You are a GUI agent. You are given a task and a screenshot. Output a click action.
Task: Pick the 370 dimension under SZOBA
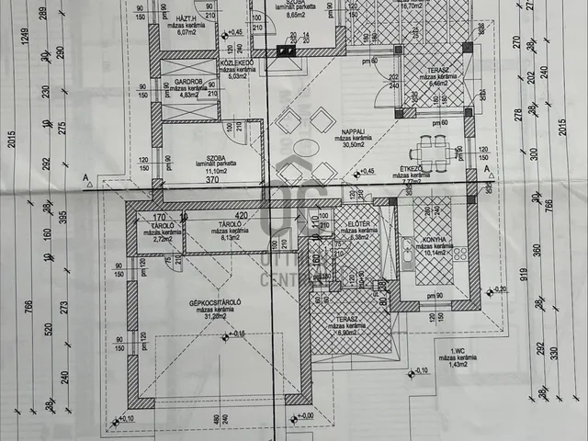212,181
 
